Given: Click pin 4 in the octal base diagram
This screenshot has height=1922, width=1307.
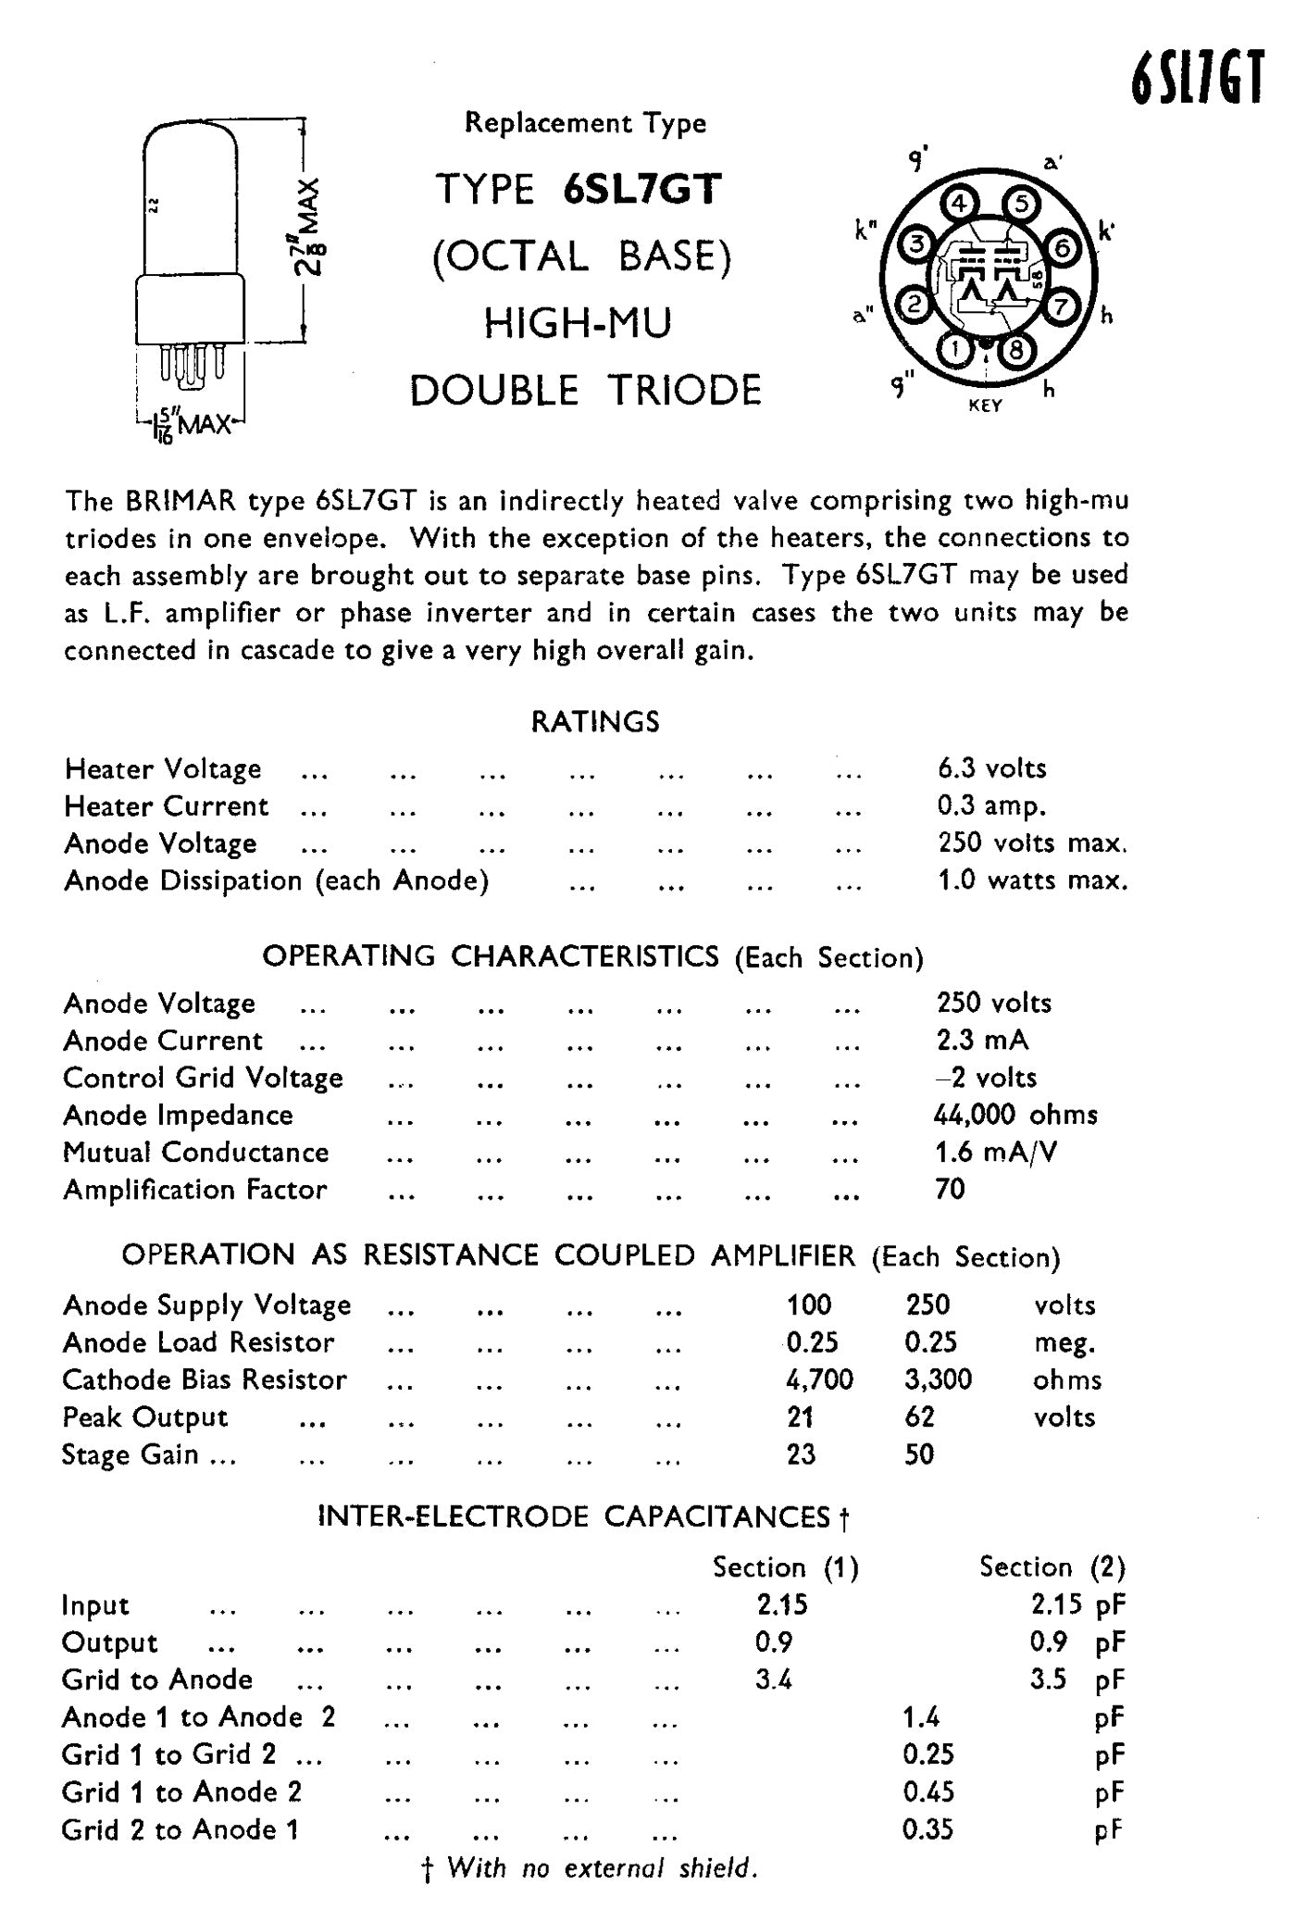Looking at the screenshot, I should coord(959,203).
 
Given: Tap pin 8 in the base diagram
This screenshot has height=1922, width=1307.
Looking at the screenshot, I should coord(1016,350).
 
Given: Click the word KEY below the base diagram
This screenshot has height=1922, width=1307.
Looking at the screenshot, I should coord(985,406).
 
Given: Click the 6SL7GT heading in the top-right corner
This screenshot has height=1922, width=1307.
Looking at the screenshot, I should coord(1197,80).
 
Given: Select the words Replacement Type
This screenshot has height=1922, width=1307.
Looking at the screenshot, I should coord(585,123).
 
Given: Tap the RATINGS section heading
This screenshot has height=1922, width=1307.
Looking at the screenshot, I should coord(595,722).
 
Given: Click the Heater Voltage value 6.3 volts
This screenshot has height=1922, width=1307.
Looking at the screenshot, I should coord(991,768).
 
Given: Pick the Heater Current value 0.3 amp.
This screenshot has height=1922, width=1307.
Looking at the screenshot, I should coord(991,806).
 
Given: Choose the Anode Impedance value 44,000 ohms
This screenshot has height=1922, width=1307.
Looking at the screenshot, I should coord(1015,1115).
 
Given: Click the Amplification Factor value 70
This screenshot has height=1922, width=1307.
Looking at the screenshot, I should coord(951,1190).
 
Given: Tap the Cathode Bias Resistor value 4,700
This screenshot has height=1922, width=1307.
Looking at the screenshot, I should coord(819,1380).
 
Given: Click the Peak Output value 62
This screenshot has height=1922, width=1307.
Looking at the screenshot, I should coord(919,1417).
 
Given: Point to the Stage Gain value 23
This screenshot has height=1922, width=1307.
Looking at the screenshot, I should coord(801,1454).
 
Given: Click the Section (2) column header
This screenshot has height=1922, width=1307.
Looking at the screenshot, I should coord(1052,1567).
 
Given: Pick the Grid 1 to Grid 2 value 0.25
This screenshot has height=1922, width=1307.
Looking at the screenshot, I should coord(927,1754).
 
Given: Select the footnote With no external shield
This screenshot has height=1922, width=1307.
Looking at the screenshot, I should coord(603,1868).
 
